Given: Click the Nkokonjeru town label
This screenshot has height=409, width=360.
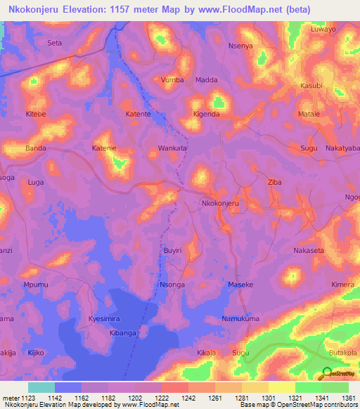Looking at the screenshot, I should click(x=221, y=203).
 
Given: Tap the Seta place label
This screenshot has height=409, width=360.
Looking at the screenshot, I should click(x=54, y=43).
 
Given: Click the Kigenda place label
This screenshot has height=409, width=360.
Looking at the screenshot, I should click(x=207, y=114).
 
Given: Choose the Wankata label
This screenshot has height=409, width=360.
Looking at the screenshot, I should click(x=172, y=148).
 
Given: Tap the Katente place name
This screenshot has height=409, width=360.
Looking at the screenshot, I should click(x=138, y=114).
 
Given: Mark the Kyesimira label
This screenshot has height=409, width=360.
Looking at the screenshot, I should click(x=104, y=319).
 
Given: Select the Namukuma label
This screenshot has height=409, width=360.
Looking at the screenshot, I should click(x=240, y=319).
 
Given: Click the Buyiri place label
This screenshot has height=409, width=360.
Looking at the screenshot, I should click(x=172, y=250).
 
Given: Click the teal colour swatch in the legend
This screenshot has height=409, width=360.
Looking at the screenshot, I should click(x=41, y=387).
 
